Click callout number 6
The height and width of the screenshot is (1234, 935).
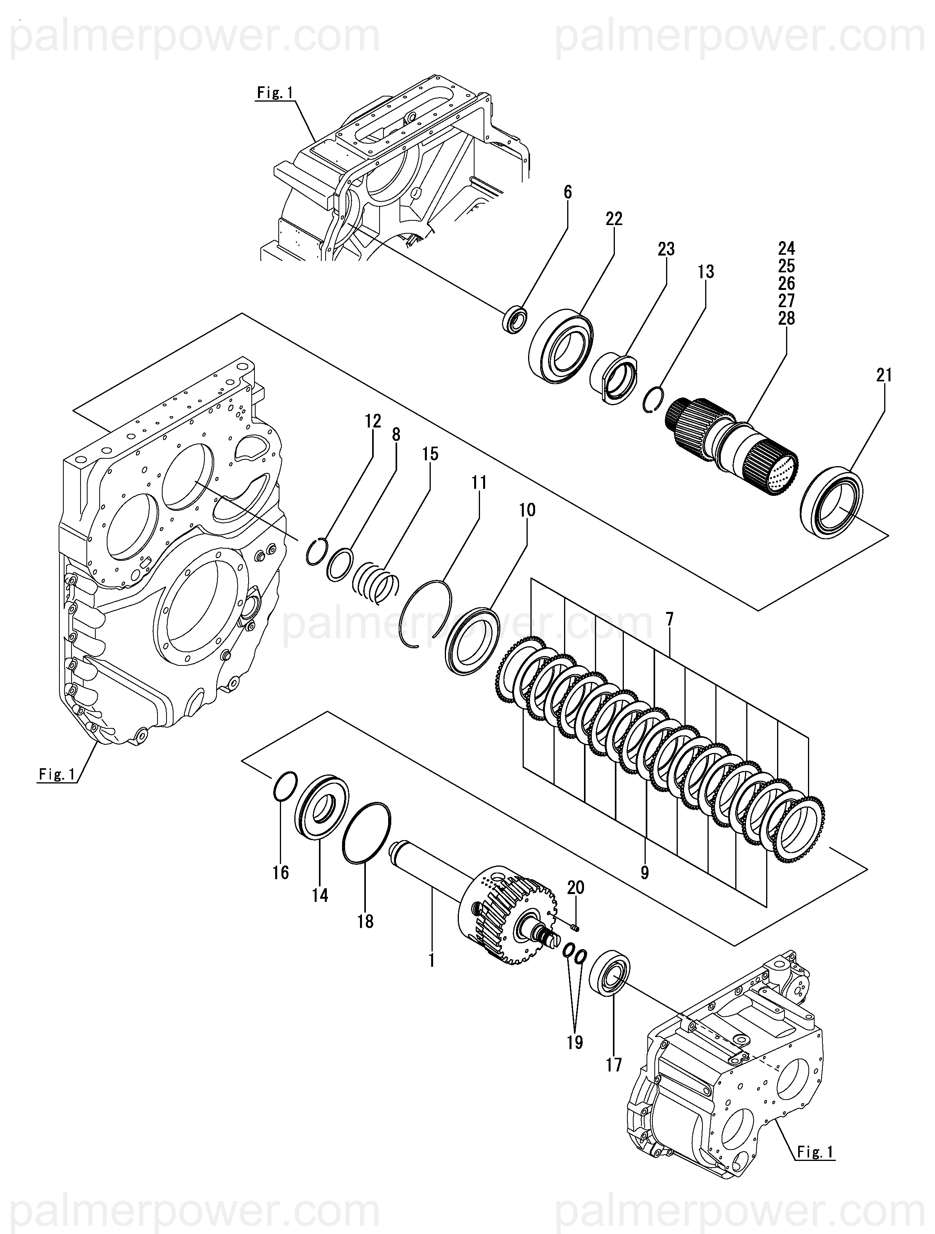[x=568, y=193]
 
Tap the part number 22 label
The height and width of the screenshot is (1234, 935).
[x=614, y=219]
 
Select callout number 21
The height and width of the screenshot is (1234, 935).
[x=884, y=376]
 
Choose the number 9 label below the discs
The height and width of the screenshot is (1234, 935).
[x=645, y=873]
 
